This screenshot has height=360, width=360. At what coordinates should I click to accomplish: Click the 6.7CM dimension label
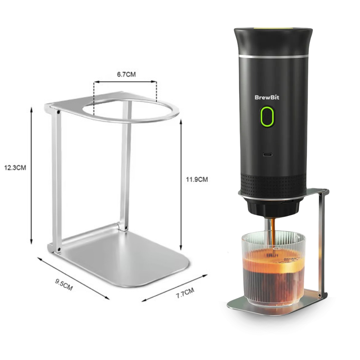click(126, 75)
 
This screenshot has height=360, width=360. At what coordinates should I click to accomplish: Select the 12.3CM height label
click(15, 168)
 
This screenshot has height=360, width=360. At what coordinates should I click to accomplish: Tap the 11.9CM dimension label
click(197, 179)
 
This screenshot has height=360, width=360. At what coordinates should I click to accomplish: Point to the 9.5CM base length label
click(64, 284)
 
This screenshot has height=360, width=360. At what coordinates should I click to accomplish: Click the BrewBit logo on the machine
click(267, 97)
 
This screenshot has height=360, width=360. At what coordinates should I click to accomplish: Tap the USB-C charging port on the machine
click(267, 155)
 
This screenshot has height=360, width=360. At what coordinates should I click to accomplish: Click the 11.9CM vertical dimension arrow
click(181, 185)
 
